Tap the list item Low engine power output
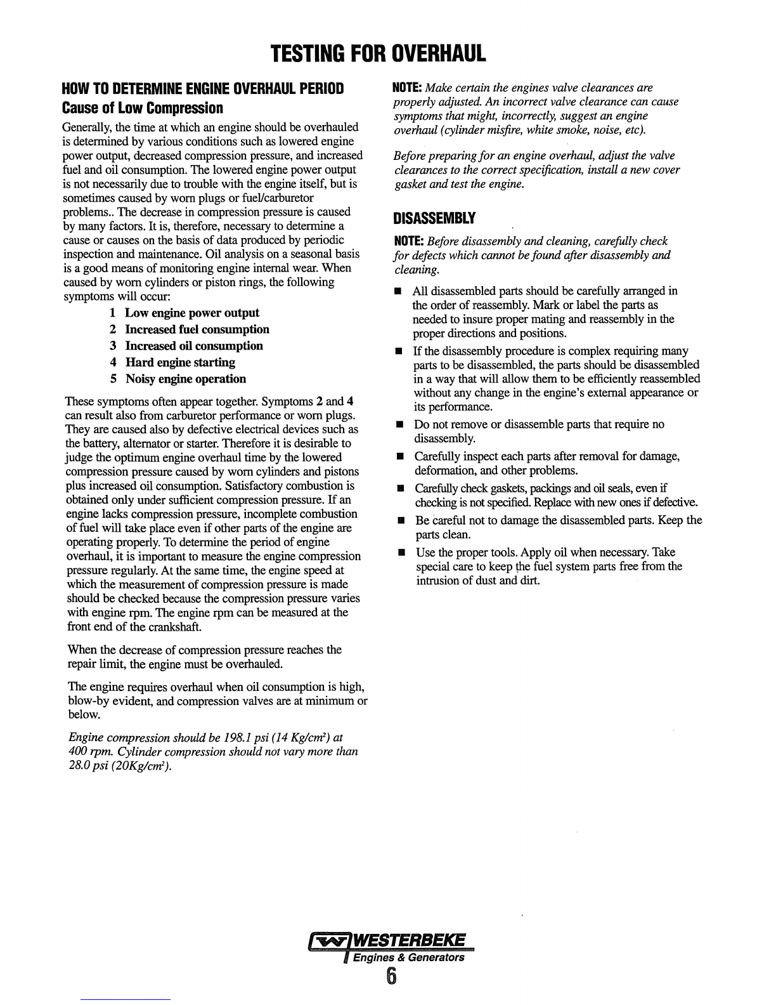click(191, 313)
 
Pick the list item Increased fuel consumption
click(197, 329)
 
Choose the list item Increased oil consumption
click(193, 346)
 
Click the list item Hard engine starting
click(180, 362)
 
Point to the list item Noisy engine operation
click(185, 379)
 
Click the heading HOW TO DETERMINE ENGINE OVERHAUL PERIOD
click(203, 88)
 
